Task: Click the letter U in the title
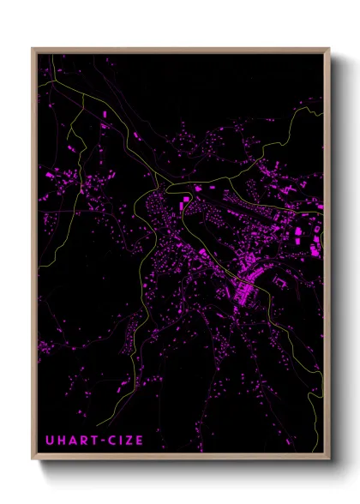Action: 50,441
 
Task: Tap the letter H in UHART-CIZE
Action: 61,441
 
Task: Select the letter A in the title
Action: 71,441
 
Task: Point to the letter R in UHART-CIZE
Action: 81,441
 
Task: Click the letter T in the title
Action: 91,441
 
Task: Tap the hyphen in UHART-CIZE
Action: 99,441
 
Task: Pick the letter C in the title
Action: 109,441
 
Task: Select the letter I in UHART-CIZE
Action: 117,441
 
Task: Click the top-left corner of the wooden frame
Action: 33,48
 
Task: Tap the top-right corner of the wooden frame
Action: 329,48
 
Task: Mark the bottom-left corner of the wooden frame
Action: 33,462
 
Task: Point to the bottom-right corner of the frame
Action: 329,462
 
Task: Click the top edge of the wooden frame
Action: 180,49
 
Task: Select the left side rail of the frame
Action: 33,257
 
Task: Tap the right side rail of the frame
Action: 328,257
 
